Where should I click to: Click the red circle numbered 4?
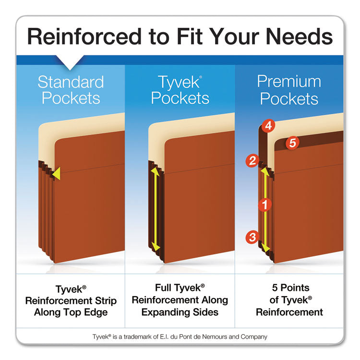point(269,126)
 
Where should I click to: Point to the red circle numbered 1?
point(264,205)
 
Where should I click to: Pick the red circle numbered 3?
point(252,236)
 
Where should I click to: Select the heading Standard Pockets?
point(71,90)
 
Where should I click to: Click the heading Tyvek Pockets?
point(180,90)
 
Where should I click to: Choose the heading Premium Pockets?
point(289,90)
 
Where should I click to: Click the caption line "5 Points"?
point(289,288)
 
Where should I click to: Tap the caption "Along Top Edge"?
point(71,312)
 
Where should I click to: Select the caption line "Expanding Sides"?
point(180,312)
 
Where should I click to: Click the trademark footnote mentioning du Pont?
point(180,337)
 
